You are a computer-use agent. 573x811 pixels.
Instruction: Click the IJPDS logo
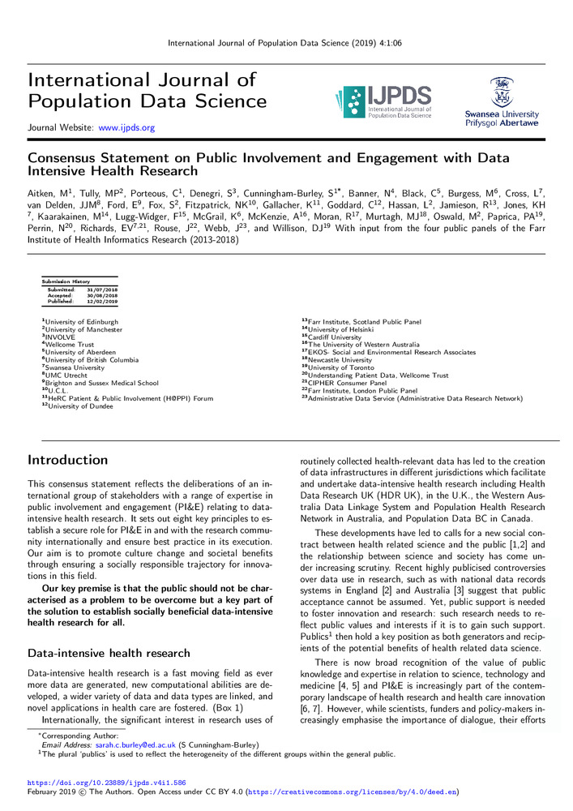(382, 103)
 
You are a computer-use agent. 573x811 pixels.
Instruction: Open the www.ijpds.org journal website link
(126, 128)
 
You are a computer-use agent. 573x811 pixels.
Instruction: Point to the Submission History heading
(66, 281)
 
